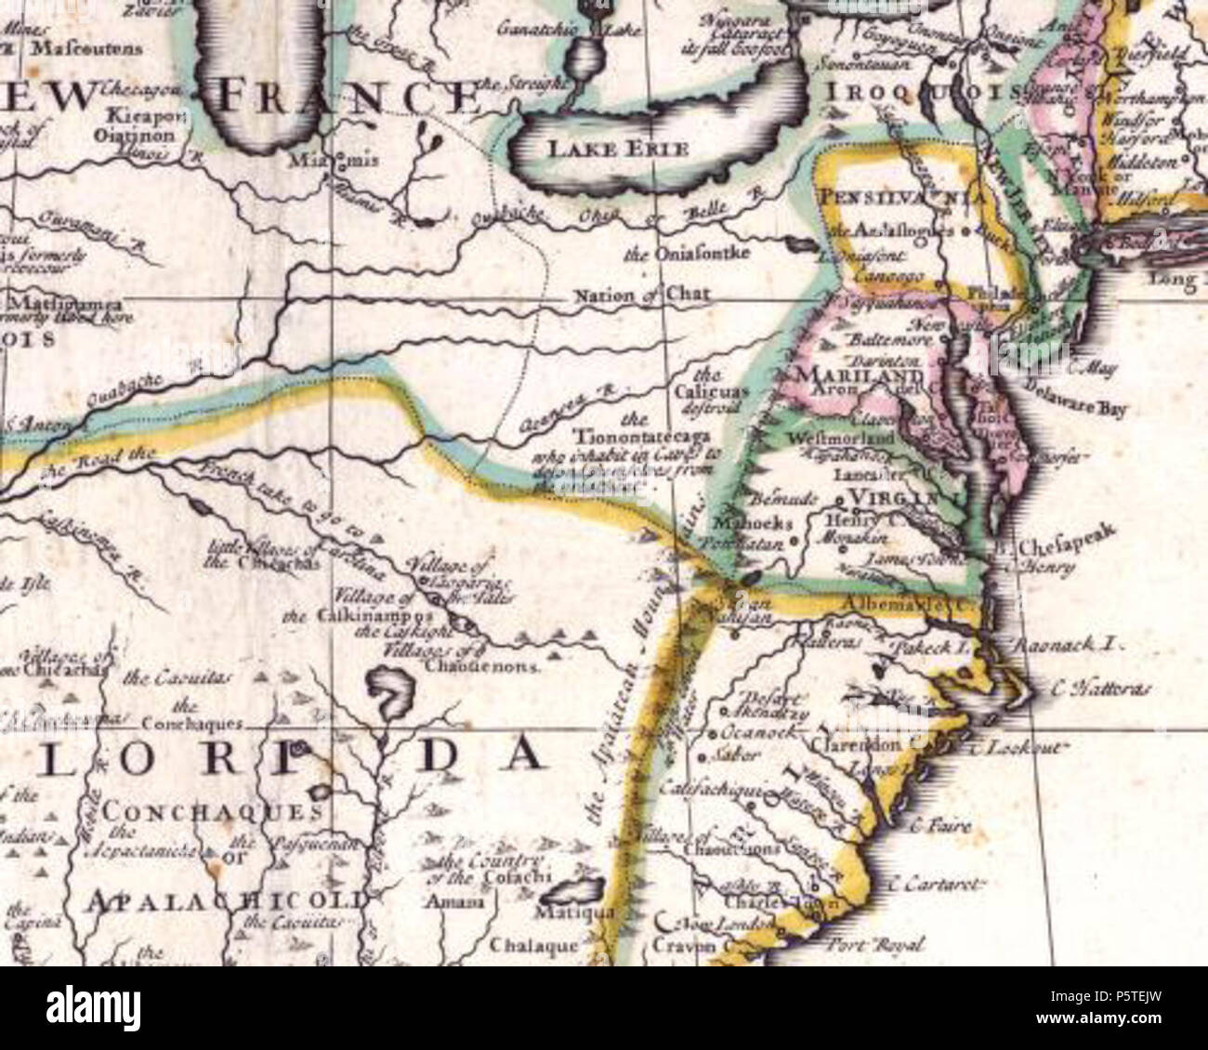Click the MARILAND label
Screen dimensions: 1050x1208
(856, 375)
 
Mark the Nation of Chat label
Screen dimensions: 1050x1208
(642, 295)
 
